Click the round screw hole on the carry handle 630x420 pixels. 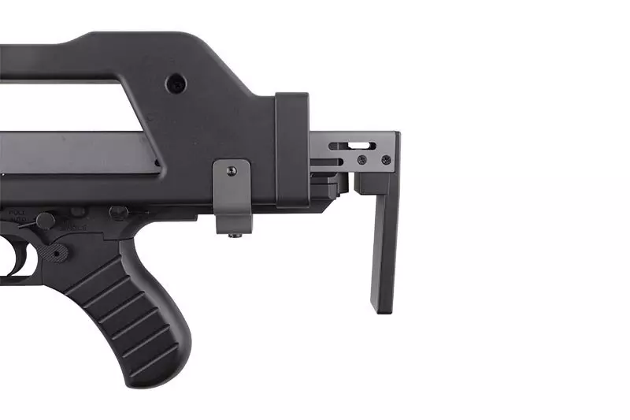[177, 83]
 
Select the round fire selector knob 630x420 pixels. [46, 221]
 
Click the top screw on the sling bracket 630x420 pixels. [231, 171]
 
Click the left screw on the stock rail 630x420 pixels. [361, 160]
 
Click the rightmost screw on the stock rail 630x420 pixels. [386, 160]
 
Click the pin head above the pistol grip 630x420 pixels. [119, 212]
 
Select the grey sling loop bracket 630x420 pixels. [233, 197]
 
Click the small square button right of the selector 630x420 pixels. [77, 212]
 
